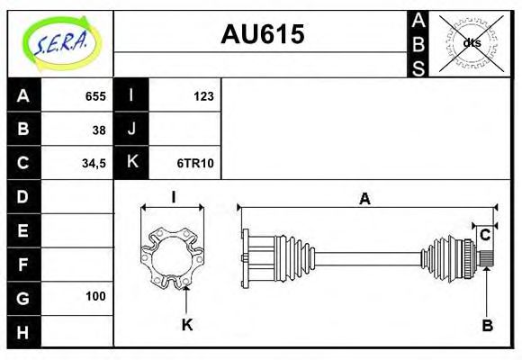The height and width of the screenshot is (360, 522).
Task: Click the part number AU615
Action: click(x=263, y=34)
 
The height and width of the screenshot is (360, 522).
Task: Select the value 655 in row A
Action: click(x=94, y=96)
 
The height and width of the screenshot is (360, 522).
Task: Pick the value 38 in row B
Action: click(x=99, y=130)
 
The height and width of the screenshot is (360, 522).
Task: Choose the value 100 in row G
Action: click(x=95, y=296)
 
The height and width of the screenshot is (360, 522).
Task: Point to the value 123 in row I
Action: click(x=203, y=96)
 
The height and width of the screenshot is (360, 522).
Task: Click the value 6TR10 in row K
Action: click(x=196, y=163)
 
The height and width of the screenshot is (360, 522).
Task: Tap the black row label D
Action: click(x=23, y=196)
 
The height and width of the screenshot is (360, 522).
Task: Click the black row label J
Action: click(x=131, y=130)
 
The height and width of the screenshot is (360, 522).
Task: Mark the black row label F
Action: click(x=23, y=264)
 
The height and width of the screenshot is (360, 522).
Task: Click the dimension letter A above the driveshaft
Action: click(x=364, y=199)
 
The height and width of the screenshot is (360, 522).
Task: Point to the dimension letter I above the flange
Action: click(x=173, y=198)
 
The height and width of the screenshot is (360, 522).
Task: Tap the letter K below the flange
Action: click(x=187, y=324)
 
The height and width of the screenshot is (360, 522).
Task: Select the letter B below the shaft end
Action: click(x=487, y=325)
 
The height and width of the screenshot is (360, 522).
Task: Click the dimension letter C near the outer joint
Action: click(x=485, y=235)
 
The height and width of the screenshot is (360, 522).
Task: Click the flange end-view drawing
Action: click(x=173, y=257)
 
